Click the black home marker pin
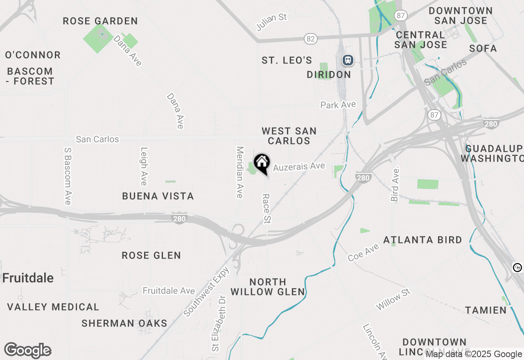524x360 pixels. point(262,163)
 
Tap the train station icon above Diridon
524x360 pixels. point(348,60)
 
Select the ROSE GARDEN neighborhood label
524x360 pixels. point(100,21)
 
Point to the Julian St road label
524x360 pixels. point(271,22)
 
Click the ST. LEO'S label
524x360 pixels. point(287,61)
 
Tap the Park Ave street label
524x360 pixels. point(338,105)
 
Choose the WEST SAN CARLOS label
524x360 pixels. point(289,136)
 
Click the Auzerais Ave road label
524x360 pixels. point(299,167)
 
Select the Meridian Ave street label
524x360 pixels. point(240,172)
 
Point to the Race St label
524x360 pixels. point(267,209)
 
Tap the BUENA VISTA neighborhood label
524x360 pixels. point(158,196)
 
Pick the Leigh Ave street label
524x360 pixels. point(144,166)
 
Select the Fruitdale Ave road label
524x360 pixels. point(169,291)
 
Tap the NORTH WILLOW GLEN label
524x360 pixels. point(268,287)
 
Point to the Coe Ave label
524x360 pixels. point(363,252)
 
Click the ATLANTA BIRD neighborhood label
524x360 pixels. point(422,240)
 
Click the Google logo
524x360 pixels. point(28,351)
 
